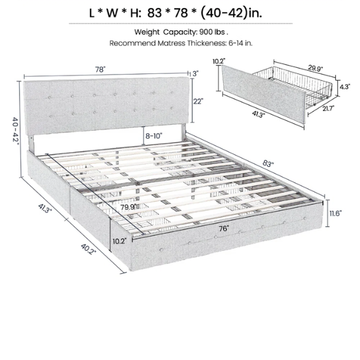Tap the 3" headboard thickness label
pyautogui.click(x=195, y=73)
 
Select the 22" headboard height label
pyautogui.click(x=197, y=102)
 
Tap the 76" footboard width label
pyautogui.click(x=223, y=229)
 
